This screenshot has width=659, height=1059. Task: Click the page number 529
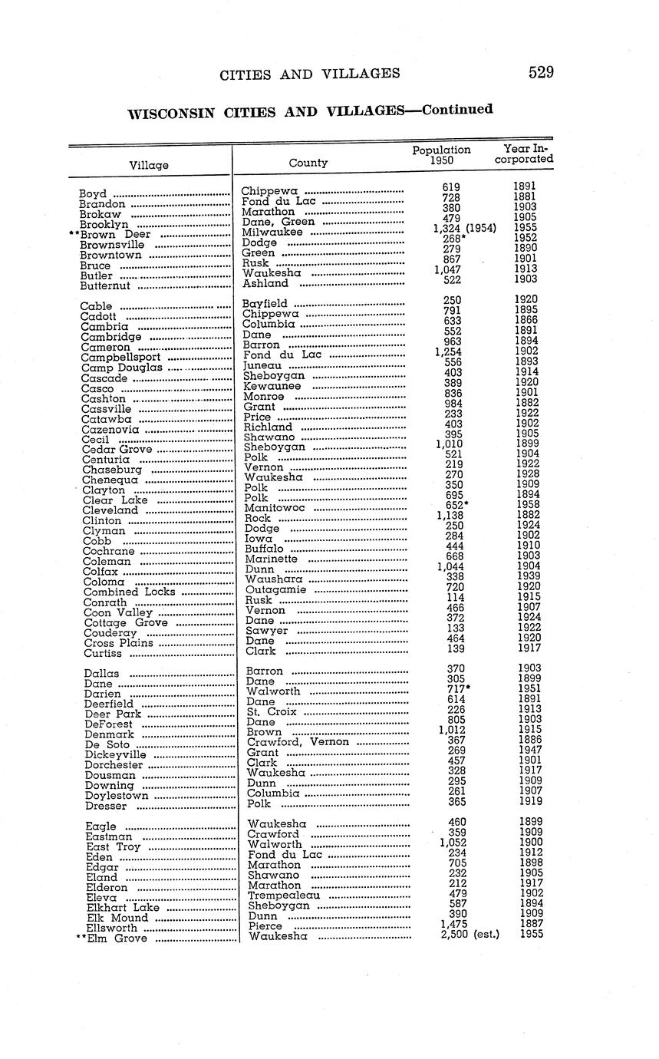click(540, 72)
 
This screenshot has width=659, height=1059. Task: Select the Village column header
click(149, 165)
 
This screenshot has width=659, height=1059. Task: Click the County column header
click(308, 163)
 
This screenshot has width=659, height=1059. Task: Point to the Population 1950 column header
click(441, 156)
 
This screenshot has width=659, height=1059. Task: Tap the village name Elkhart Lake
click(123, 907)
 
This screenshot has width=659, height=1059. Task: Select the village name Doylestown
click(117, 796)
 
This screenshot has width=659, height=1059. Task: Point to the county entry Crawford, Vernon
click(298, 742)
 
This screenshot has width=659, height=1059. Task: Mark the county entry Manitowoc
click(274, 508)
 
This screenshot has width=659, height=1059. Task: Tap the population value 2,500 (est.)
click(470, 934)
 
